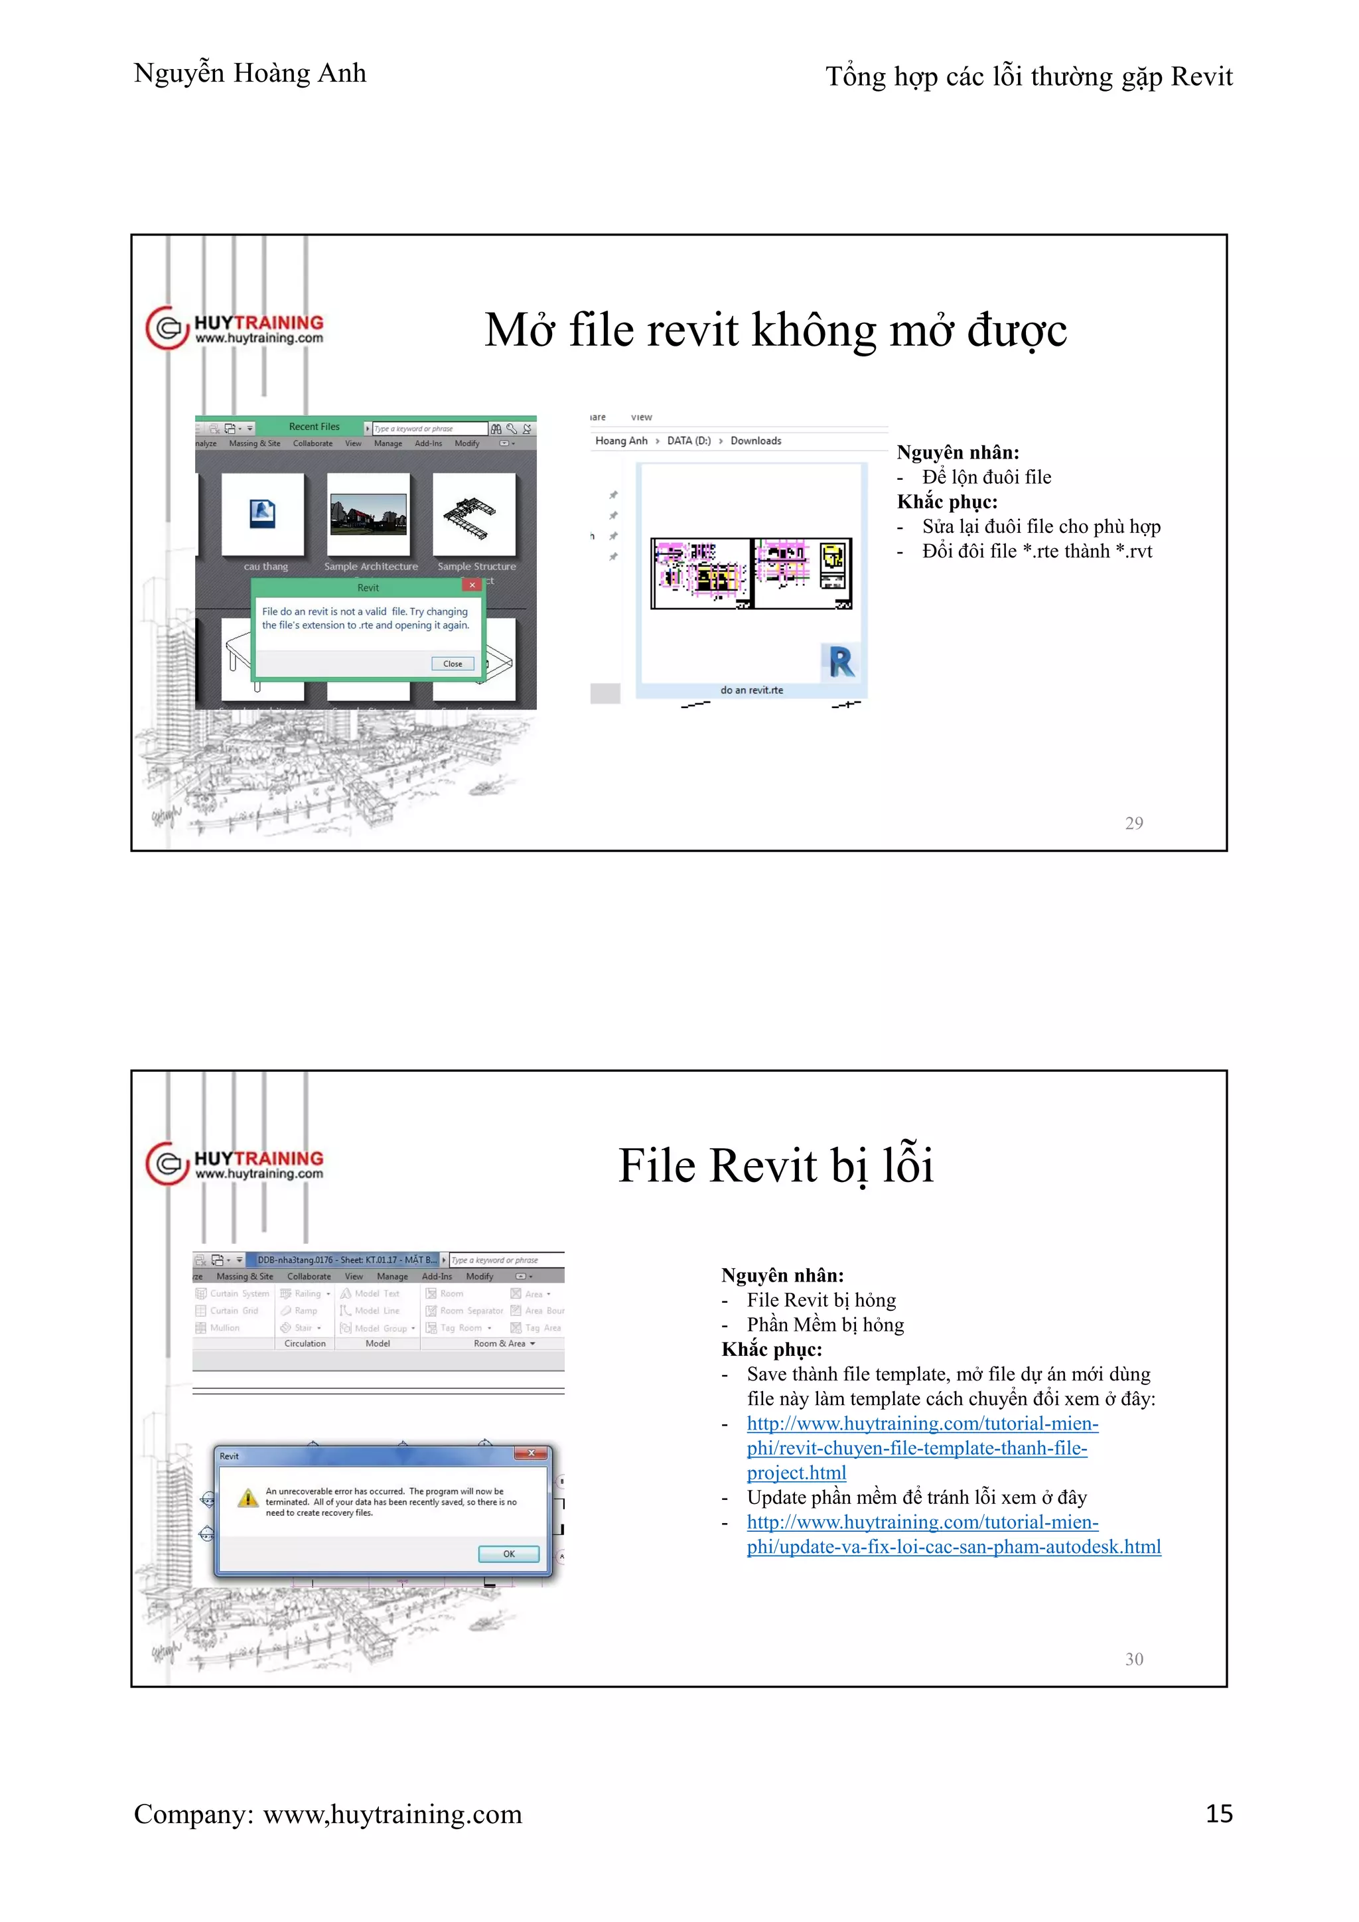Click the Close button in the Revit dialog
tap(453, 664)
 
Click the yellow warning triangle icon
tap(248, 1499)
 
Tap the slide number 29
tap(1134, 824)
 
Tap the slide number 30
tap(1134, 1659)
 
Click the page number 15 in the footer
tap(1218, 1813)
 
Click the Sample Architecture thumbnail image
tap(368, 514)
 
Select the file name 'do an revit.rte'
tap(751, 691)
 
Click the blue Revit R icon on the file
tap(841, 661)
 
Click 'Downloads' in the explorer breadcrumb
tap(756, 441)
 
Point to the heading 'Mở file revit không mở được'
tap(775, 330)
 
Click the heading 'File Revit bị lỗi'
tap(775, 1165)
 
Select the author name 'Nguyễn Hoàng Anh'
tap(250, 74)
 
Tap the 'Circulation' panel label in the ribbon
tap(305, 1343)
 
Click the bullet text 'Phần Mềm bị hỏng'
tap(824, 1325)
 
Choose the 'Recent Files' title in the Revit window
tap(314, 427)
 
